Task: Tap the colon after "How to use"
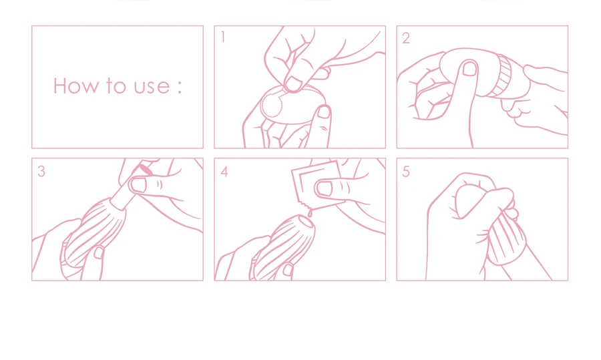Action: tap(180, 87)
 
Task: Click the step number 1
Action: tap(223, 37)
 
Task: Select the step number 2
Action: tap(406, 38)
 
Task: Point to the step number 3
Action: tap(41, 171)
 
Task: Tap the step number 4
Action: tap(224, 172)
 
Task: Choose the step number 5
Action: tap(406, 172)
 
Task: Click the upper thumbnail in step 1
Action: tap(293, 84)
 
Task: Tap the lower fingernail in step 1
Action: tap(324, 112)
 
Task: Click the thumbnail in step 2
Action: tap(469, 69)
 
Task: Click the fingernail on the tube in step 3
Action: tap(138, 185)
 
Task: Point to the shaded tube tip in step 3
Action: tap(146, 170)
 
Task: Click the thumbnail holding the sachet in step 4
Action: tap(325, 188)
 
